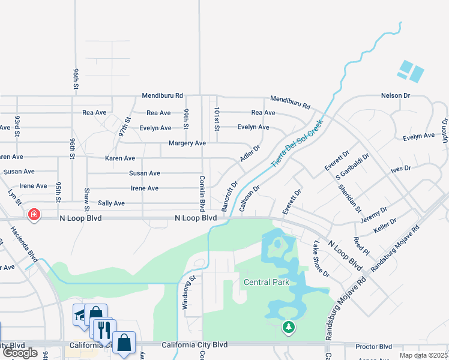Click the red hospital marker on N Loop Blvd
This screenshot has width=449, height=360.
pos(34,214)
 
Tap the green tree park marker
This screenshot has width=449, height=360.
pos(289,327)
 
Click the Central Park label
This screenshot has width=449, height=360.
pos(266,282)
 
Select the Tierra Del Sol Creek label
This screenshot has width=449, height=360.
pos(297,143)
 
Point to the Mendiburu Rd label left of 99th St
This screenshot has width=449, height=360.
pos(162,95)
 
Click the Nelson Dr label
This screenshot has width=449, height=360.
pos(395,95)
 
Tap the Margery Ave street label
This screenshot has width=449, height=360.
pos(188,143)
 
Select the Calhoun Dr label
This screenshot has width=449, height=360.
pos(249,198)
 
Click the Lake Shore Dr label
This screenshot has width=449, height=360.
pos(322,259)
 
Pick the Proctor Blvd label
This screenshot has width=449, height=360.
pos(373,346)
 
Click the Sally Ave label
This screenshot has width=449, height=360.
pos(111,203)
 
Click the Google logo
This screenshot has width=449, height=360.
pos(20,353)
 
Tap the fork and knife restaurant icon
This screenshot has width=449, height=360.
pos(103,329)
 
